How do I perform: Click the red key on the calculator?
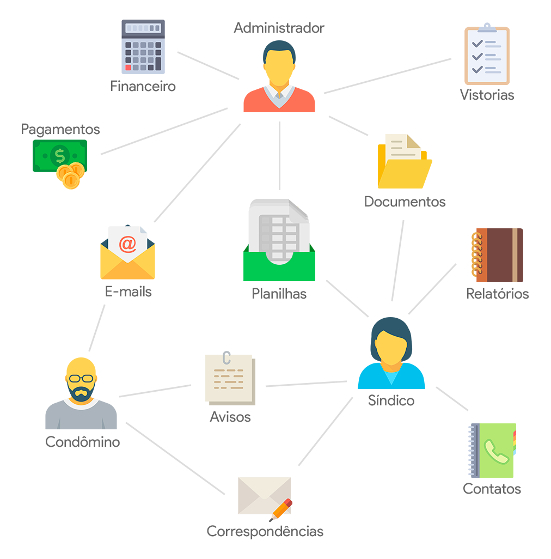click(x=128, y=68)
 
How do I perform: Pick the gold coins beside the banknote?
click(x=71, y=174)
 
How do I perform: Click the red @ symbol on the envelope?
click(x=127, y=245)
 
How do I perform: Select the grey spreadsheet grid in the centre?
click(x=279, y=234)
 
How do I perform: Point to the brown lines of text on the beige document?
click(x=229, y=379)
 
